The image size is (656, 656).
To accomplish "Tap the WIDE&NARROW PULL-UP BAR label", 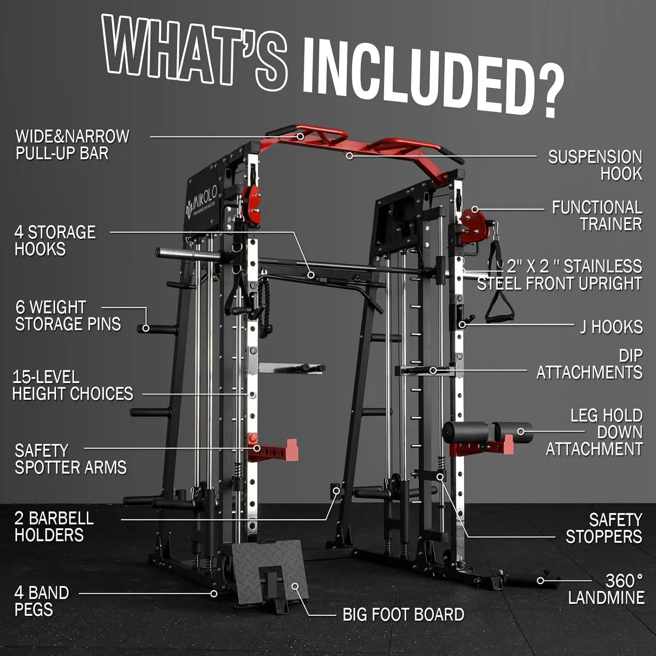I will coord(72,145).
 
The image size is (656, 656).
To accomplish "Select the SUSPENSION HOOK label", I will coord(595,165).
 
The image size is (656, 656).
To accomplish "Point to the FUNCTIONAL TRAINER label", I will coord(597,216).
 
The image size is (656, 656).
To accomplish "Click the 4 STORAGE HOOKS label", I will coord(55,241).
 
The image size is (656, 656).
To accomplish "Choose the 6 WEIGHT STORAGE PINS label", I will coord(68,316).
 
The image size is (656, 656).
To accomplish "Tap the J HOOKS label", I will coord(611,327).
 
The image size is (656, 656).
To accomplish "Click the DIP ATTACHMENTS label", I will coord(590,364).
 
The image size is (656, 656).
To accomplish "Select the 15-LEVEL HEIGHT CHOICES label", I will coord(72,385).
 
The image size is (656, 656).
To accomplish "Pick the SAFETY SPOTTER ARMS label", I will coord(70,459).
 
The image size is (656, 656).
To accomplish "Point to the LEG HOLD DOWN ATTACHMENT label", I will coord(595,432).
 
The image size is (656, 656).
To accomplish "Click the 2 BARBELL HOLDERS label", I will coord(54,527).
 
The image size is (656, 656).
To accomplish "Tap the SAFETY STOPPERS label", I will coord(604,528).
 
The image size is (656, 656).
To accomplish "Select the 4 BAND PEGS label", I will coord(42,601).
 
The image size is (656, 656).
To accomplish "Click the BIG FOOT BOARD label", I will coord(403,614).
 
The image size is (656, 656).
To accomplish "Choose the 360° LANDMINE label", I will coord(606,589).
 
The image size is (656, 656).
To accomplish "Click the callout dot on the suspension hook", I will coord(349,155).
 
